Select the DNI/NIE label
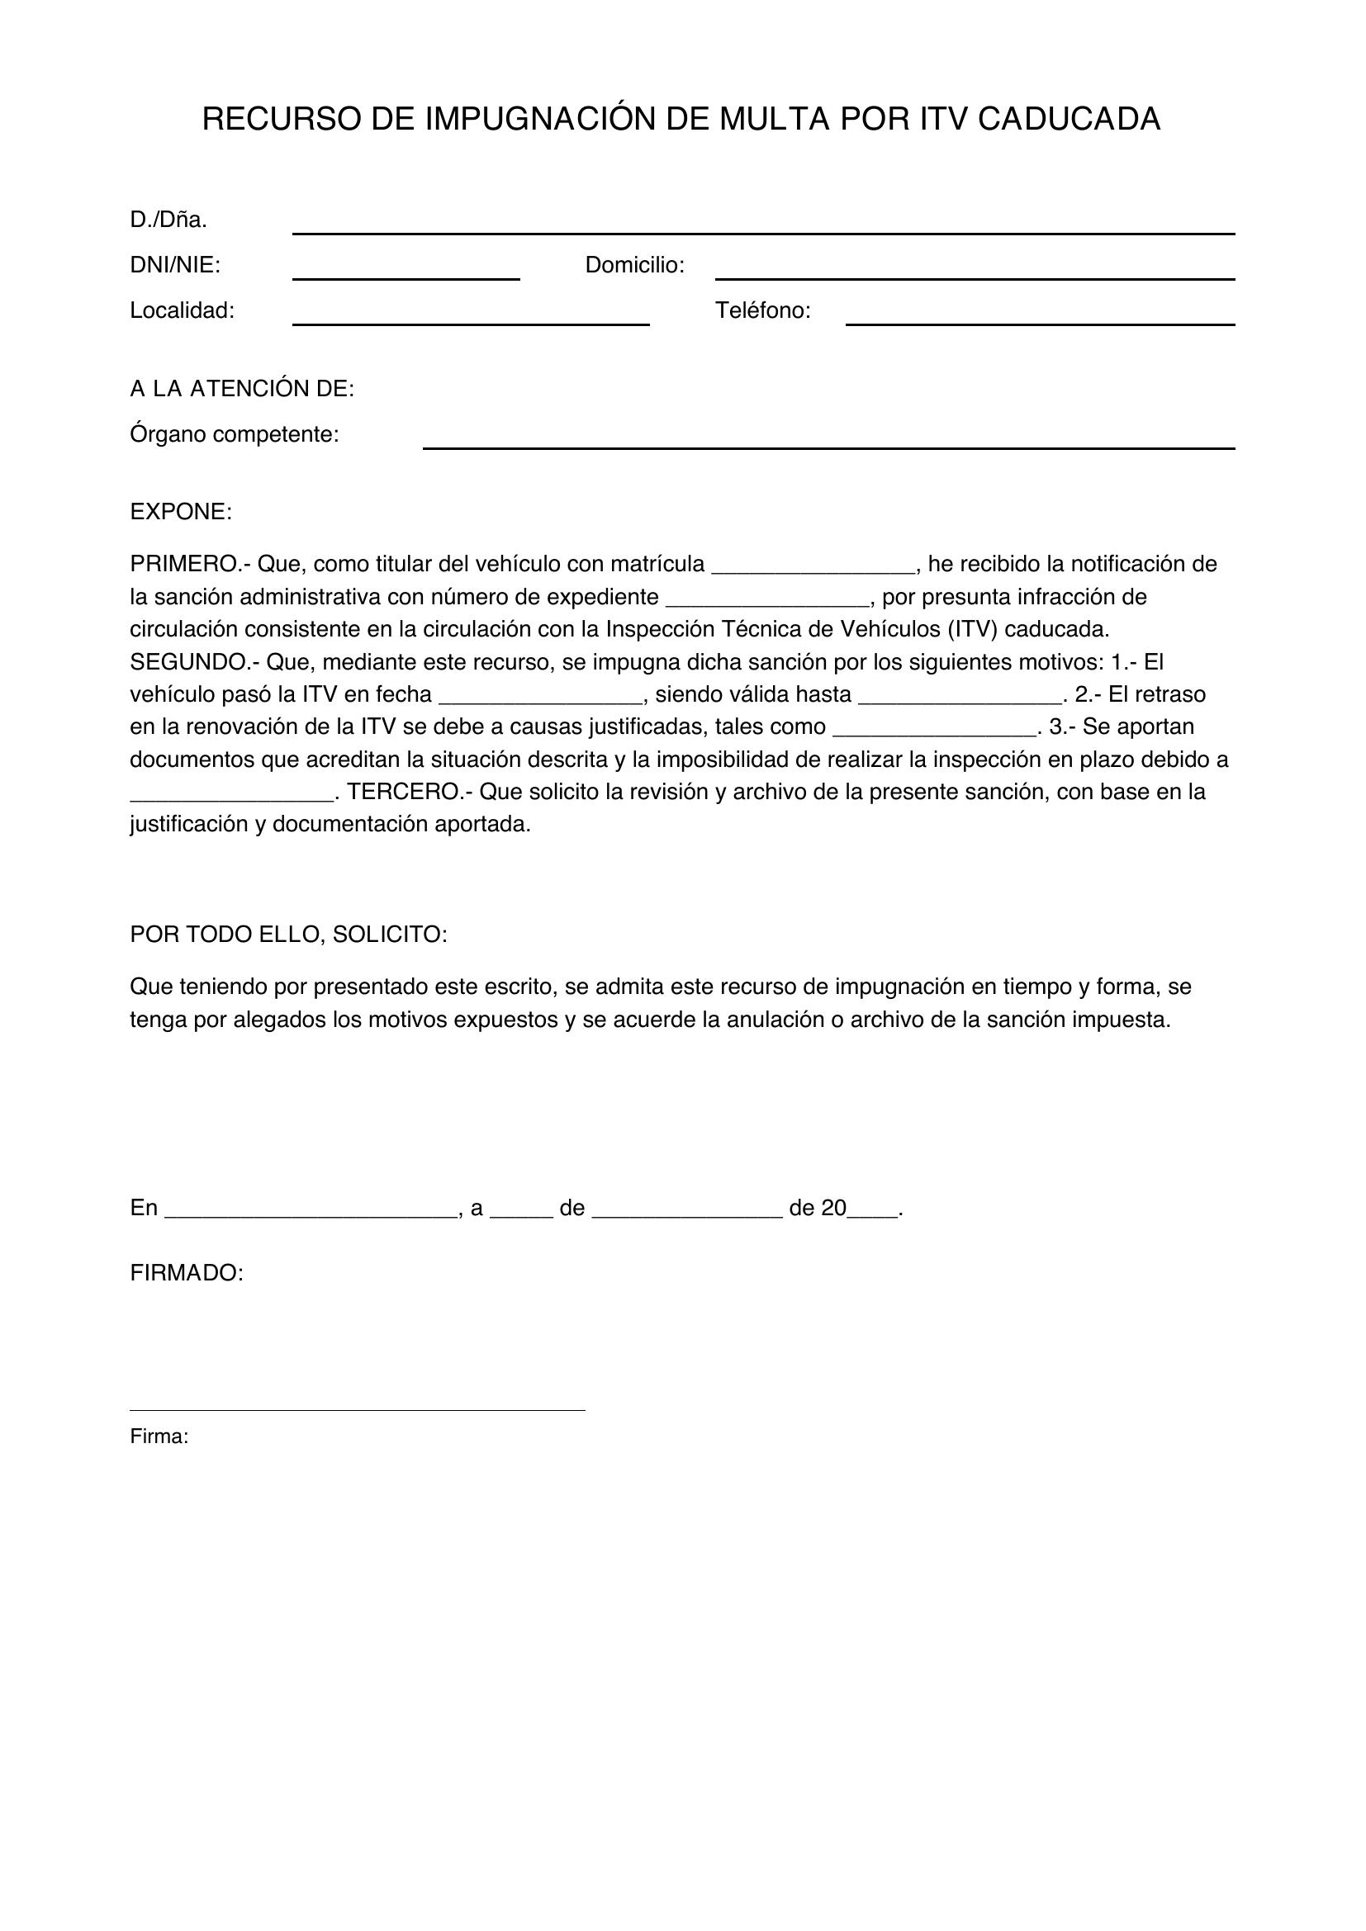click(175, 266)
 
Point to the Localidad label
click(182, 311)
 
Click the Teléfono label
click(762, 311)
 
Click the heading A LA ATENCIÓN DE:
click(242, 390)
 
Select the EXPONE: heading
click(181, 512)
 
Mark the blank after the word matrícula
click(813, 569)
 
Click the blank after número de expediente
click(767, 602)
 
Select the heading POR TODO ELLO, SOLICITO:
click(288, 935)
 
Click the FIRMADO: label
click(187, 1273)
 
